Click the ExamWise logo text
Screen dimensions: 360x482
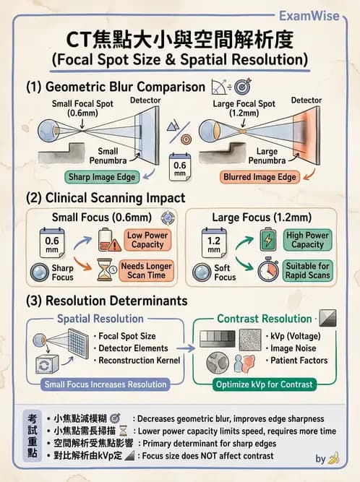click(309, 16)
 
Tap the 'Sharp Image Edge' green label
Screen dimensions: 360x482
click(102, 177)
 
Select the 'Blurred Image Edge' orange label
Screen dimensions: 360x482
click(260, 177)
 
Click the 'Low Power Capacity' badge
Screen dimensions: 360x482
click(147, 240)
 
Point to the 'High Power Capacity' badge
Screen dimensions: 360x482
click(307, 240)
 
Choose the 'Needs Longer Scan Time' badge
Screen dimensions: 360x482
click(146, 270)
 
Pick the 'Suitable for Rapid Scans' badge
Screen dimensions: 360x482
click(307, 270)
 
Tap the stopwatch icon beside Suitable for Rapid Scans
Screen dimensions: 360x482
click(268, 270)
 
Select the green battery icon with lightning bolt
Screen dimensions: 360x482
click(268, 239)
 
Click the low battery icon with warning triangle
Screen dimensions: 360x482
click(109, 240)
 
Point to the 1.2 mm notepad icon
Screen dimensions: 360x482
click(214, 243)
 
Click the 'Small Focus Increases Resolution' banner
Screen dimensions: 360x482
click(106, 384)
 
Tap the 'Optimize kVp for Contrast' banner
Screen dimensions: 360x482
click(264, 384)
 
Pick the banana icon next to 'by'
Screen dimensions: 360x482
click(333, 457)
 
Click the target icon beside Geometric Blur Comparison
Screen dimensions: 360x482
click(243, 87)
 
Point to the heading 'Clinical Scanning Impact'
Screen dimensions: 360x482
click(115, 198)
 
